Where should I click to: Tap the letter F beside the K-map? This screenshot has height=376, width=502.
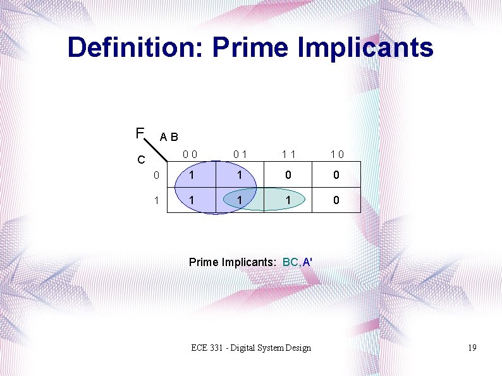pos(139,133)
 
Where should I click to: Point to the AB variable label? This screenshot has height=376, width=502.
pos(169,136)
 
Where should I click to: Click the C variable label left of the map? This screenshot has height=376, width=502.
pos(142,159)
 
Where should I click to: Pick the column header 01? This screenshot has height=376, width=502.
pos(239,153)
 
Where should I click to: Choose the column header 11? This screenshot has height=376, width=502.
pos(288,153)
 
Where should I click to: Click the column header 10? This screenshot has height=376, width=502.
pos(336,153)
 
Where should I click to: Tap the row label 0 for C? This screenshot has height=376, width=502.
pos(156,175)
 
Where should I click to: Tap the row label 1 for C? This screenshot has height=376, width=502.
pos(156,200)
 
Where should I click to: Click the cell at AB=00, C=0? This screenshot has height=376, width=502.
pos(190,175)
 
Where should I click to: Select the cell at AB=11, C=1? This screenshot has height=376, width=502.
pos(288,200)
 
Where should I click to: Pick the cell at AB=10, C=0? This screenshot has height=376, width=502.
pos(336,175)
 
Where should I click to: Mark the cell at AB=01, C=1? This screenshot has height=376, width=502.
pos(239,200)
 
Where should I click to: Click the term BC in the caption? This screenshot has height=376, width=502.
pos(291,262)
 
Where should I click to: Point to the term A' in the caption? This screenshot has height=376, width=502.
pos(308,262)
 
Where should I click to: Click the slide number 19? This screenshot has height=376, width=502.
pos(472,348)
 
